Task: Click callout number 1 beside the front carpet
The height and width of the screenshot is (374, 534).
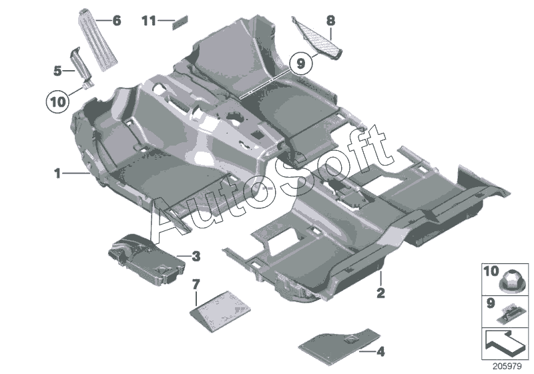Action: click(x=59, y=154)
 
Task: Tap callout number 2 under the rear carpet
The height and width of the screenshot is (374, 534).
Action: click(x=380, y=293)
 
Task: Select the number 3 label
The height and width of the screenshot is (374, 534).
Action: click(x=196, y=255)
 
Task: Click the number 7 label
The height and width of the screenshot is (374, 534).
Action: click(x=196, y=285)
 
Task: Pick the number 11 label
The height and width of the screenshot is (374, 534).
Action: click(x=148, y=21)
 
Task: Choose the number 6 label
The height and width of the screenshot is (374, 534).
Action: click(x=117, y=21)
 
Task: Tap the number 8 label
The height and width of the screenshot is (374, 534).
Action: click(x=330, y=21)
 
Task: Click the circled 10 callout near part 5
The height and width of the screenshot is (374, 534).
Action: click(x=57, y=102)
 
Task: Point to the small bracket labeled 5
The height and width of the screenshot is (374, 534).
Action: click(x=82, y=67)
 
